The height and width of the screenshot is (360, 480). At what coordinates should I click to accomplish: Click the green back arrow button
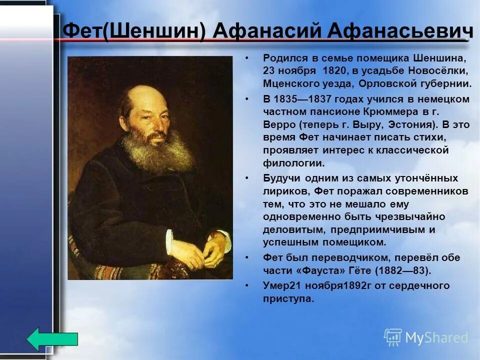[52, 339]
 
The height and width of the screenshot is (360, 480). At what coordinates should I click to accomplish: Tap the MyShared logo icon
[393, 337]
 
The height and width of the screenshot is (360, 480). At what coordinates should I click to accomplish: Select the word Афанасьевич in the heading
[400, 30]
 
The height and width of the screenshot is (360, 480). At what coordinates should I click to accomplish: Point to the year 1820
[334, 70]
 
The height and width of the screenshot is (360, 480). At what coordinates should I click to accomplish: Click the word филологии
[293, 163]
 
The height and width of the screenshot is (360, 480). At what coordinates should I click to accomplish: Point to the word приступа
[288, 299]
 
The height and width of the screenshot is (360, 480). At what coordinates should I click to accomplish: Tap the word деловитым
[294, 229]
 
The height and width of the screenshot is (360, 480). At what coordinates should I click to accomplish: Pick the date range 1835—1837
[303, 99]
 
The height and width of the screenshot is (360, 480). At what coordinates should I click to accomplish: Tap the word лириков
[286, 191]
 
